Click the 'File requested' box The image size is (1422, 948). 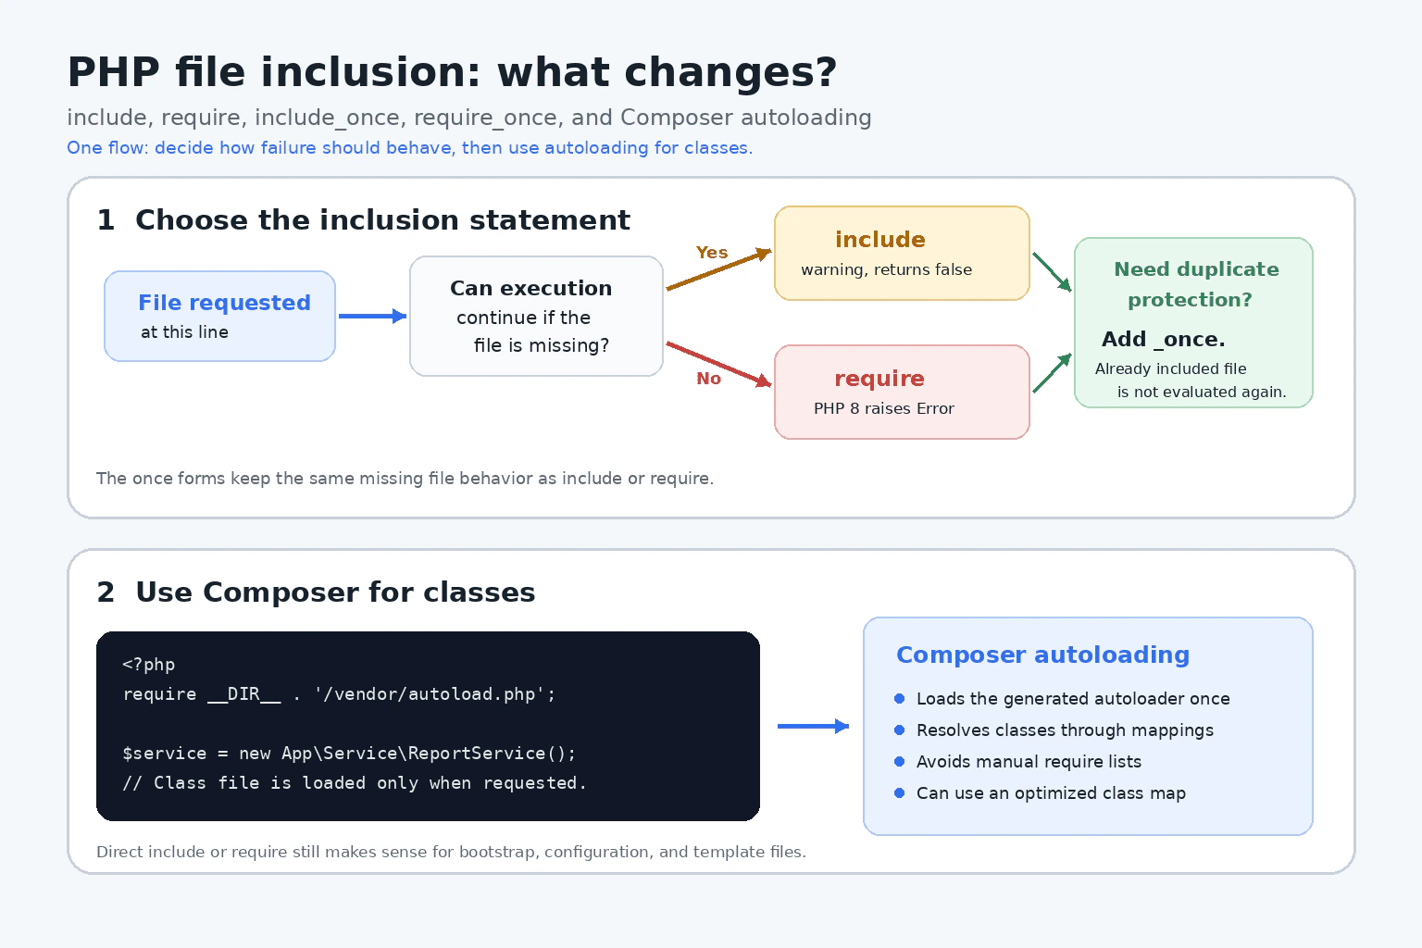219,317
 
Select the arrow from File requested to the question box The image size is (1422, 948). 373,317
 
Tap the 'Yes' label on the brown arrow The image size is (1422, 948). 712,253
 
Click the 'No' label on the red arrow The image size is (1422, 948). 708,379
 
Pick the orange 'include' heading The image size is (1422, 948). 880,240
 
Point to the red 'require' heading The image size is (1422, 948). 879,379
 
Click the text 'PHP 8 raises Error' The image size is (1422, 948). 884,408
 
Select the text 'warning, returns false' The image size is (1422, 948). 886,269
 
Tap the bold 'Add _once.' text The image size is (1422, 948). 1163,339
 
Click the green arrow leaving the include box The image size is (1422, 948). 1052,272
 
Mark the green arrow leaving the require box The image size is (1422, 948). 1052,373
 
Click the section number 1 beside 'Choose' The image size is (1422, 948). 106,220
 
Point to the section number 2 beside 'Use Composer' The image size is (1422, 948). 106,592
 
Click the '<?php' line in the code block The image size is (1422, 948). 148,664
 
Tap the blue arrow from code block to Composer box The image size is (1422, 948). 813,726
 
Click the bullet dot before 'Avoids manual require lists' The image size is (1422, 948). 899,761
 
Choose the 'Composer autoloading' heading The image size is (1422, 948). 1043,655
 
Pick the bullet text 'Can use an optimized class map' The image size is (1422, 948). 1052,793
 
